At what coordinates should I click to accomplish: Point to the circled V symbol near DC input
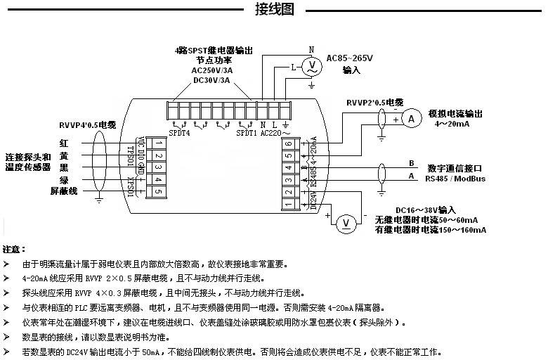pos(345,223)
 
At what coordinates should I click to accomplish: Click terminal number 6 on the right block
pos(289,143)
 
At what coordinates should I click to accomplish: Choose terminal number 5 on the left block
pos(159,192)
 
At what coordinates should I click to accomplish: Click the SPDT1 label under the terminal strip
pos(246,131)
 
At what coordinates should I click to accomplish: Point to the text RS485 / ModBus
pos(456,179)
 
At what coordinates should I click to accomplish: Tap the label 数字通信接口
pos(455,168)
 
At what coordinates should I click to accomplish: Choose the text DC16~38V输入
pos(426,210)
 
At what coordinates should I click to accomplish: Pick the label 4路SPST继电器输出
pos(214,51)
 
